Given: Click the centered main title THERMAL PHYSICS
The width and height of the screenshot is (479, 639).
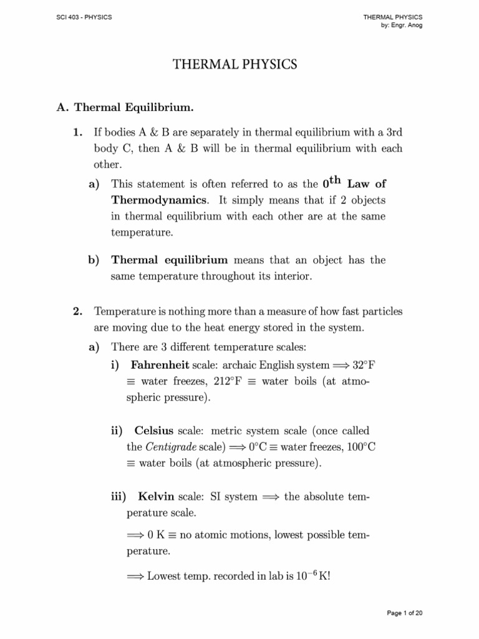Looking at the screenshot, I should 239,64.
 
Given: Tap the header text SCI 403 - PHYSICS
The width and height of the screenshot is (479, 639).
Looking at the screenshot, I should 84,17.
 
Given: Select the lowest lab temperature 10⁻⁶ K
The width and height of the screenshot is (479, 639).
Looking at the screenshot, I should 310,575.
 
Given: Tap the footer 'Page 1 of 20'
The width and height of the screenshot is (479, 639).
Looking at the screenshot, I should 405,613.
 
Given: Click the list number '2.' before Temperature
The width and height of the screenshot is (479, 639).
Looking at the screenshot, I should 78,311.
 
